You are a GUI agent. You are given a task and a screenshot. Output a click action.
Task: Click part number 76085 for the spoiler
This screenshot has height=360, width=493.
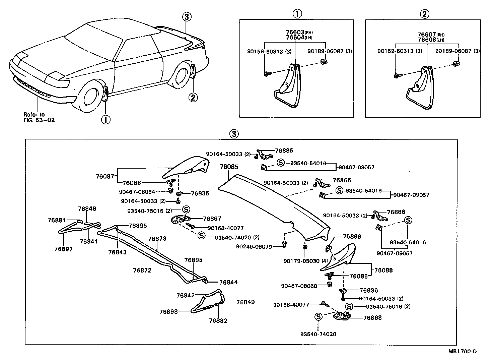(229, 167)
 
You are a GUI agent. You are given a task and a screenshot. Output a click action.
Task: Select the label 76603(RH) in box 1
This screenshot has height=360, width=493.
(299, 32)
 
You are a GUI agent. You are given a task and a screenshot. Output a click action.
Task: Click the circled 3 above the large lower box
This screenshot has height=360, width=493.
(234, 134)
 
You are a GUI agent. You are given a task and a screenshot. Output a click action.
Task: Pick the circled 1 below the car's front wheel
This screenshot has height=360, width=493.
(105, 119)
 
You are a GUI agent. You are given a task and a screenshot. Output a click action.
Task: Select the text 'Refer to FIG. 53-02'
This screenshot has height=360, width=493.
(39, 117)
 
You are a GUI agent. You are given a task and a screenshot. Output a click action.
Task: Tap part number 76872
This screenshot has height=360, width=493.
(142, 270)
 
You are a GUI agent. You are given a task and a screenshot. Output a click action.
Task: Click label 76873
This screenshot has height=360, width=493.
(157, 239)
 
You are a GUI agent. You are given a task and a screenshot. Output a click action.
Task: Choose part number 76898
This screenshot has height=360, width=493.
(168, 311)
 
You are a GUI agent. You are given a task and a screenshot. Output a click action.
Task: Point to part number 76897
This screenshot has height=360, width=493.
(63, 249)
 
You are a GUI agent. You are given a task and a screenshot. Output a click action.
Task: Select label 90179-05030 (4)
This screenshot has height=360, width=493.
(305, 261)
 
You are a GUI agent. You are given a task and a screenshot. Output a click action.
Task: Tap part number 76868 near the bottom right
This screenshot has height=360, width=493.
(372, 317)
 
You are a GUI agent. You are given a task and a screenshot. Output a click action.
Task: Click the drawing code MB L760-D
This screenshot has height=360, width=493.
(463, 351)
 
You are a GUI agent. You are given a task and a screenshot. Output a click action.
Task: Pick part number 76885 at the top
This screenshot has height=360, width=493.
(284, 151)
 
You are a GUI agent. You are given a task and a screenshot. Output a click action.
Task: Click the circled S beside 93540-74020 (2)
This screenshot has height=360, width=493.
(202, 235)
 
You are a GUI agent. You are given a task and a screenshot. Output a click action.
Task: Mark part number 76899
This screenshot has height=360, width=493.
(352, 236)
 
